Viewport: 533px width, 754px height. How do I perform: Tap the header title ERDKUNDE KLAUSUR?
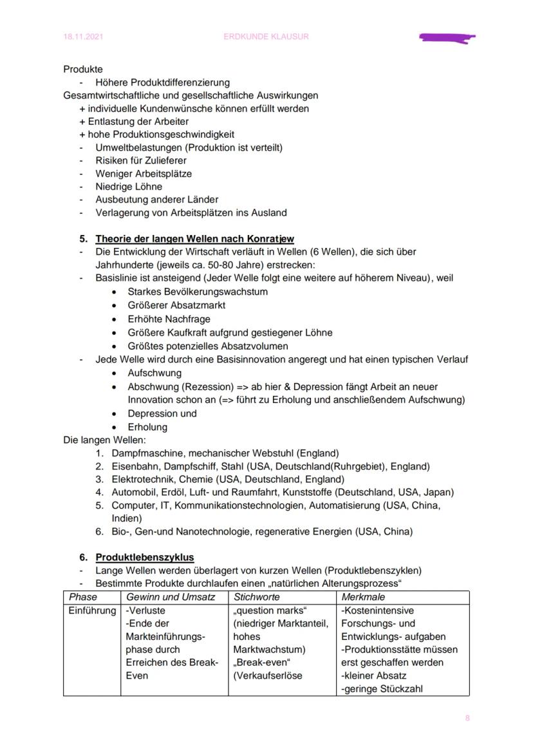pyautogui.click(x=266, y=37)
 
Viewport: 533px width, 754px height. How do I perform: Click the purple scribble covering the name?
pyautogui.click(x=447, y=38)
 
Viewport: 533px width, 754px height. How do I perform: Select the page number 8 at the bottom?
pyautogui.click(x=467, y=718)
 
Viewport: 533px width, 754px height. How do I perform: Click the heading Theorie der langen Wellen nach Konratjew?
pyautogui.click(x=195, y=239)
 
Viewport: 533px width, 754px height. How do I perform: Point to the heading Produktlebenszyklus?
pyautogui.click(x=145, y=557)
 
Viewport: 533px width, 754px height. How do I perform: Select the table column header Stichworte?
pyautogui.click(x=257, y=597)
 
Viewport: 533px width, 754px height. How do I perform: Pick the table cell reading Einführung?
pyautogui.click(x=92, y=610)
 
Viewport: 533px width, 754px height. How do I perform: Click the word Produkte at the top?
pyautogui.click(x=83, y=69)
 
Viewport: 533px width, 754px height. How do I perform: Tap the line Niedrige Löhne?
pyautogui.click(x=129, y=186)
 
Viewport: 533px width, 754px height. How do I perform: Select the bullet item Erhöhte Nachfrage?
pyautogui.click(x=169, y=319)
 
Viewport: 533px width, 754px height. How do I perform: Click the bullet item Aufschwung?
pyautogui.click(x=154, y=373)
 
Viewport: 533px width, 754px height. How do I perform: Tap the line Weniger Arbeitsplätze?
pyautogui.click(x=144, y=173)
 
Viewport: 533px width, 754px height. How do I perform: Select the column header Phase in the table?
pyautogui.click(x=83, y=597)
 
